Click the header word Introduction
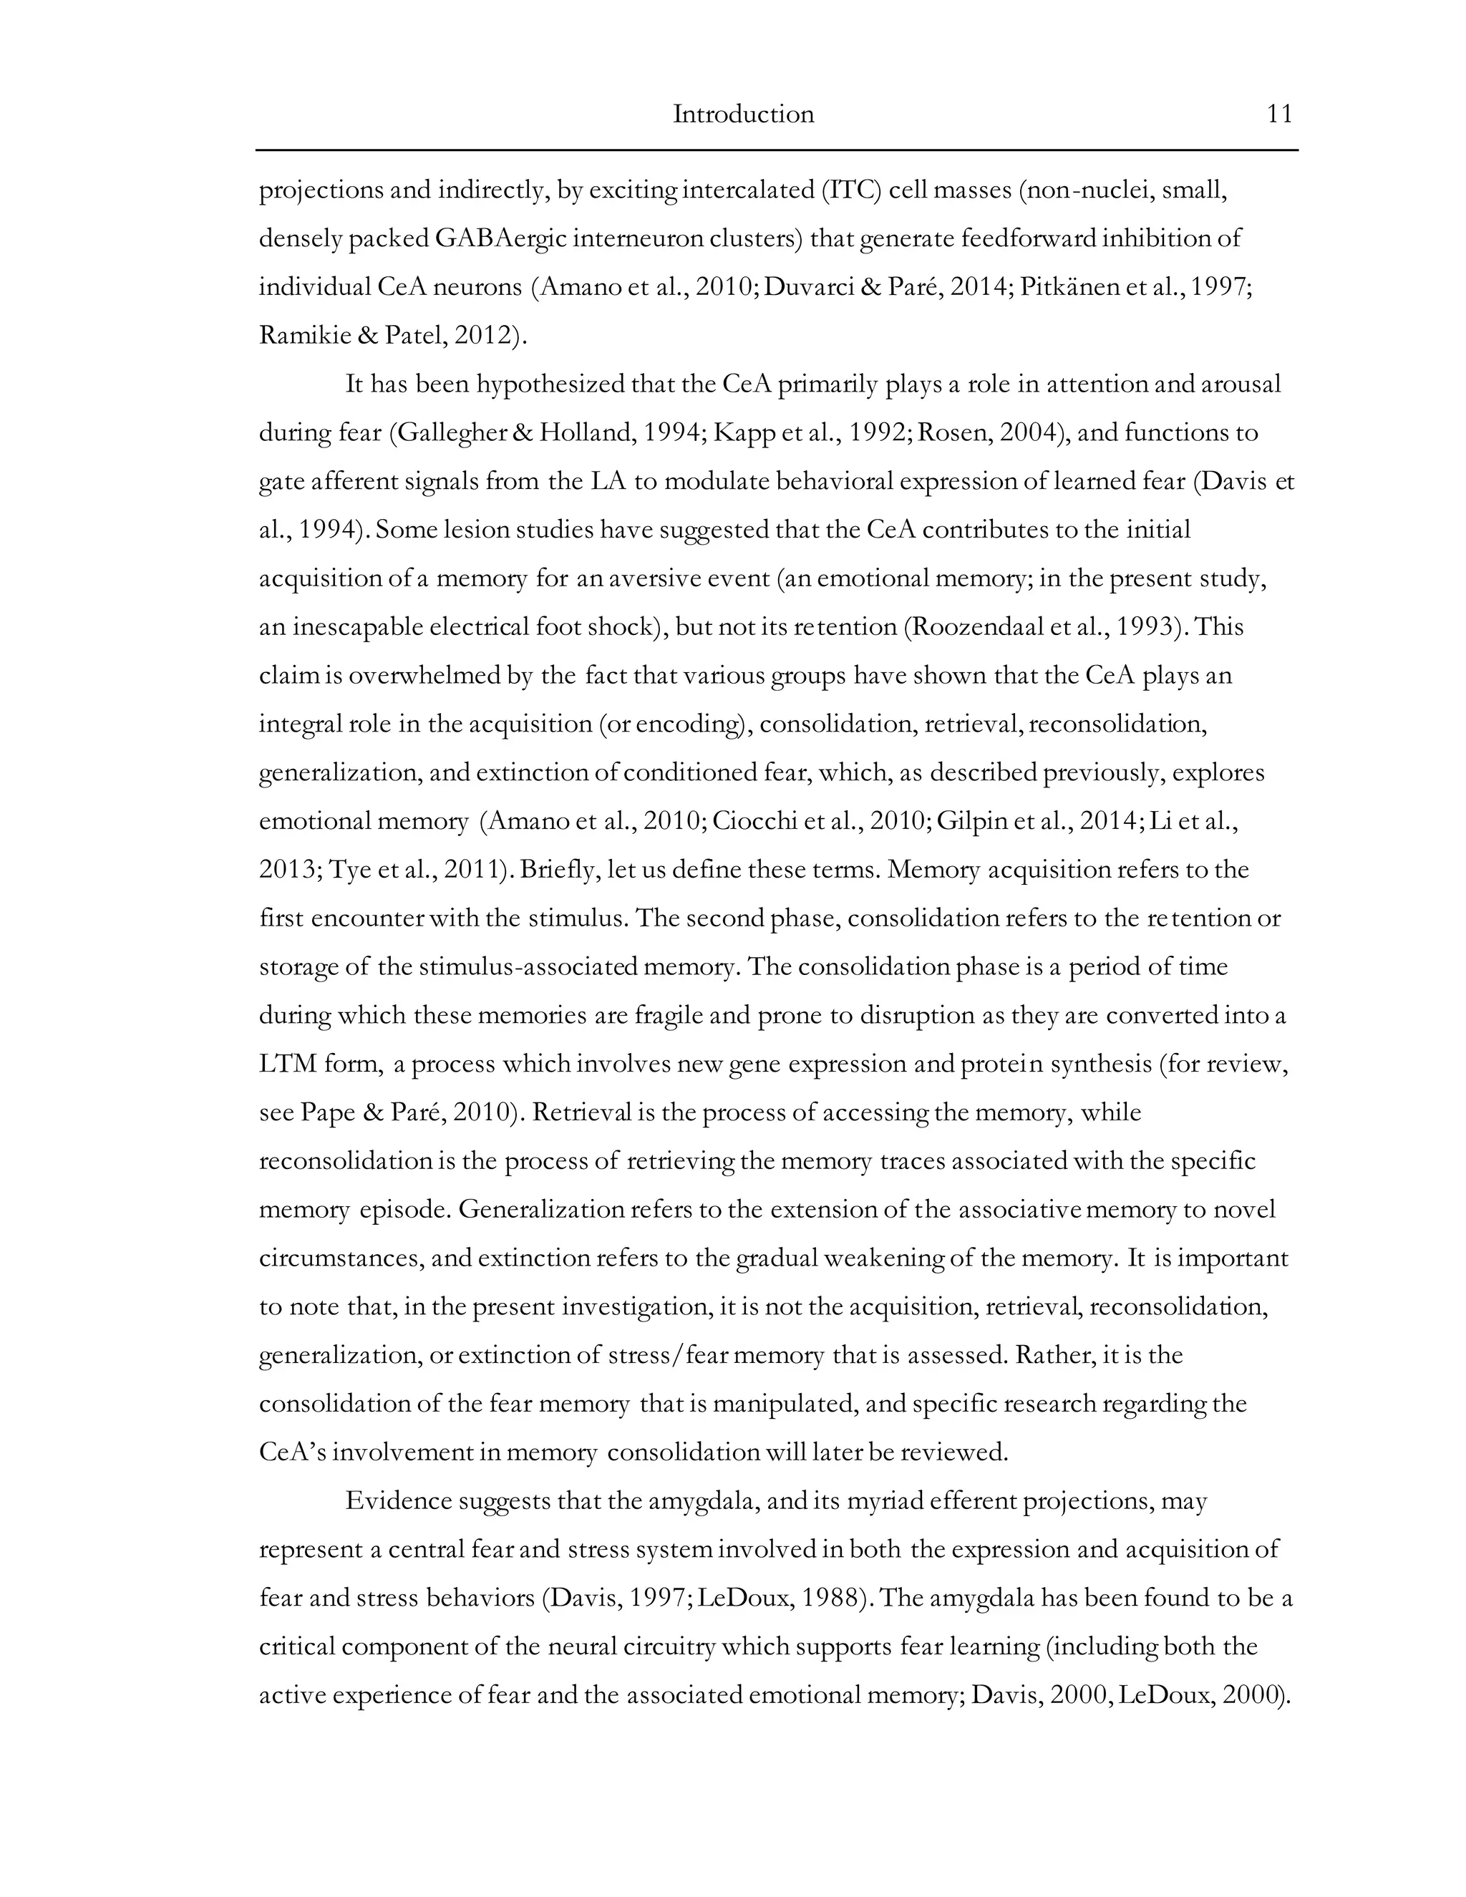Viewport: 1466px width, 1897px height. coord(744,115)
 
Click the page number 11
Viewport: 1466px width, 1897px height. coord(1280,115)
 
